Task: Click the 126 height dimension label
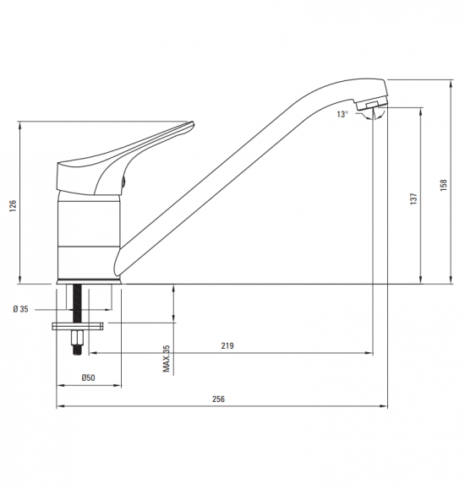(13, 206)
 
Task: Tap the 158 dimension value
(444, 185)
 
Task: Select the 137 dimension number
(413, 199)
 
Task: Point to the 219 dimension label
(227, 345)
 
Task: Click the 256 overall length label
(218, 399)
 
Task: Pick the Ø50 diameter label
(88, 378)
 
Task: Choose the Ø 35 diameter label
(20, 309)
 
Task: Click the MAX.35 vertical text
(167, 358)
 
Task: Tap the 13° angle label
(342, 115)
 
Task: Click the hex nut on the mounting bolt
(77, 337)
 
